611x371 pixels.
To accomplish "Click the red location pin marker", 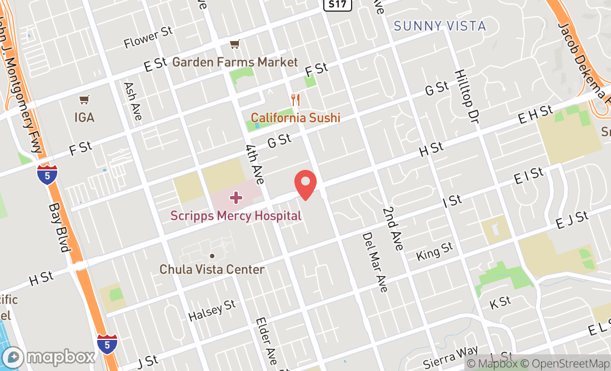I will click(x=305, y=184).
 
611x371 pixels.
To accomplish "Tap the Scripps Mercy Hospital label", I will click(x=236, y=215).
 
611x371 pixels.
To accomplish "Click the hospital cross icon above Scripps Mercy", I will click(x=236, y=198).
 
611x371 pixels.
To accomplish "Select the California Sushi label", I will click(x=295, y=118).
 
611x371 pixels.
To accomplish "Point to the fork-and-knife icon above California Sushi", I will click(x=296, y=101).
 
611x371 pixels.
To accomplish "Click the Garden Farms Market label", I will click(x=235, y=62).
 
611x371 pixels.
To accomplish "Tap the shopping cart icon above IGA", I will click(x=84, y=100).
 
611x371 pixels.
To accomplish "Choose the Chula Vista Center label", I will click(x=212, y=269).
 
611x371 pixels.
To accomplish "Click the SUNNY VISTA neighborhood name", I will click(x=439, y=26).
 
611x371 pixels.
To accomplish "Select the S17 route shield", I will click(x=331, y=4).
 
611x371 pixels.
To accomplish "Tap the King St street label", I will click(x=434, y=252).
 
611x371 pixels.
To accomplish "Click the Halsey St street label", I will click(x=212, y=311).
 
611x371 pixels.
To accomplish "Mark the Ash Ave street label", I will click(x=133, y=102).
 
